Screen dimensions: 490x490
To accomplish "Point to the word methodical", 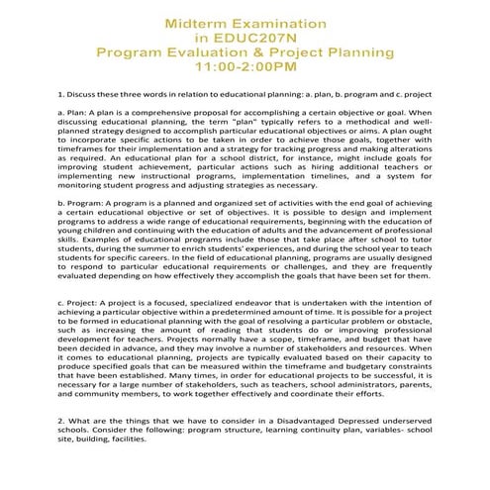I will (382, 129).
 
